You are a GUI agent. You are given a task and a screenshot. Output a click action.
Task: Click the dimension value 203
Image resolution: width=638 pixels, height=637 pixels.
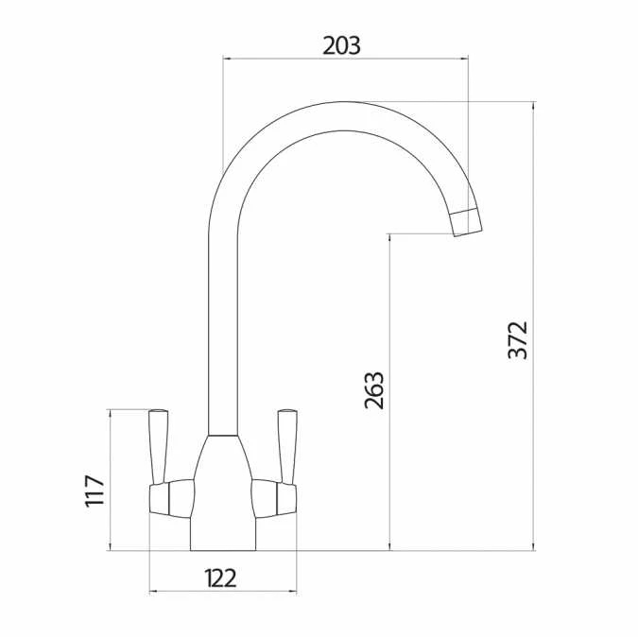(x=341, y=44)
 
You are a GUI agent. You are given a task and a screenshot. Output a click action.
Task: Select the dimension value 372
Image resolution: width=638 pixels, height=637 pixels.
(x=518, y=340)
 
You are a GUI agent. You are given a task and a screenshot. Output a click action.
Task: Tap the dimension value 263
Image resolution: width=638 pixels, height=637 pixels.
(x=374, y=389)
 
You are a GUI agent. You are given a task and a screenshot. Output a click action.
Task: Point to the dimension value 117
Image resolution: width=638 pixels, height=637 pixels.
(x=95, y=491)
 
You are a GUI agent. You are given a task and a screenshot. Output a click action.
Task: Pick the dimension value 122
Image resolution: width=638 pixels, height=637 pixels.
(x=220, y=577)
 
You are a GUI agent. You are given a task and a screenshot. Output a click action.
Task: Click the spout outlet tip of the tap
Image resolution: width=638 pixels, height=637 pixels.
(x=467, y=222)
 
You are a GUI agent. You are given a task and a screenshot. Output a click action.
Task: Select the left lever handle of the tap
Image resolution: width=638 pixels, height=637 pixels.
(x=159, y=447)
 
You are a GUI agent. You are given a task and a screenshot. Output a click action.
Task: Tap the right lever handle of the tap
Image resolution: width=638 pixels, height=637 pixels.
(x=285, y=447)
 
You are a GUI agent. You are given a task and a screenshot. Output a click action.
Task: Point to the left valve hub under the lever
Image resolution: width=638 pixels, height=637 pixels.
(x=170, y=497)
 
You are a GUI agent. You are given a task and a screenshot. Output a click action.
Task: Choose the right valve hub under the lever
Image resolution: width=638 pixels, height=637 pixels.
(x=274, y=497)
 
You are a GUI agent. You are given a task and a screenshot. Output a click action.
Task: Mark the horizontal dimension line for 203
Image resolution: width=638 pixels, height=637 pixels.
(x=284, y=59)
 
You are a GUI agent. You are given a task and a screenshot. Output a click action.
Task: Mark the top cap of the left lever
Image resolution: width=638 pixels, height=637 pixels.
(x=159, y=412)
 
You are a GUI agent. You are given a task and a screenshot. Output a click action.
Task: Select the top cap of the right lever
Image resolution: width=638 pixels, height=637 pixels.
(x=285, y=412)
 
